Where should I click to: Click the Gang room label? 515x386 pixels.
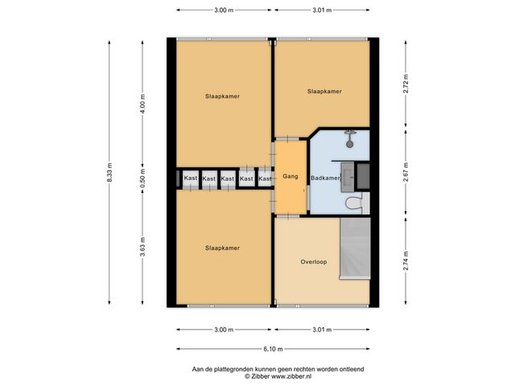click(290, 177)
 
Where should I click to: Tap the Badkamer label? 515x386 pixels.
click(325, 178)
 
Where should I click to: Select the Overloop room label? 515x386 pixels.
click(314, 262)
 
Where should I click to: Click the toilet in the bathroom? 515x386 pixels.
click(355, 203)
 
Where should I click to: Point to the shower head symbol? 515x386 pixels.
click(350, 138)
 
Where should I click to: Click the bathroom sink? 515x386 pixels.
click(347, 177)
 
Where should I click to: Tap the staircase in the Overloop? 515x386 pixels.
click(355, 248)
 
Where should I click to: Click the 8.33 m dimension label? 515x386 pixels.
click(109, 172)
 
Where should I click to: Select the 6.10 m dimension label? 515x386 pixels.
click(273, 349)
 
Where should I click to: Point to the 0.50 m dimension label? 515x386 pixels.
click(142, 179)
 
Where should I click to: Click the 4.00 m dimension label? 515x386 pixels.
click(142, 104)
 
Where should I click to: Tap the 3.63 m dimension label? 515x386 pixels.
click(142, 247)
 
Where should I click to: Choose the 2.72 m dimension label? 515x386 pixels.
click(406, 84)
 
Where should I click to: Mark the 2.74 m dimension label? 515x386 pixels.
click(406, 261)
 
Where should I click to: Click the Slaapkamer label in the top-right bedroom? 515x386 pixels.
click(324, 91)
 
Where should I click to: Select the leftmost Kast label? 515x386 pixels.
click(191, 178)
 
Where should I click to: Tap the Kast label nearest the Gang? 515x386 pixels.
click(265, 179)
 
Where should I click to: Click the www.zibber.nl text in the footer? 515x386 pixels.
click(291, 376)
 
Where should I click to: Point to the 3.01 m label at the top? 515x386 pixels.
click(322, 10)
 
